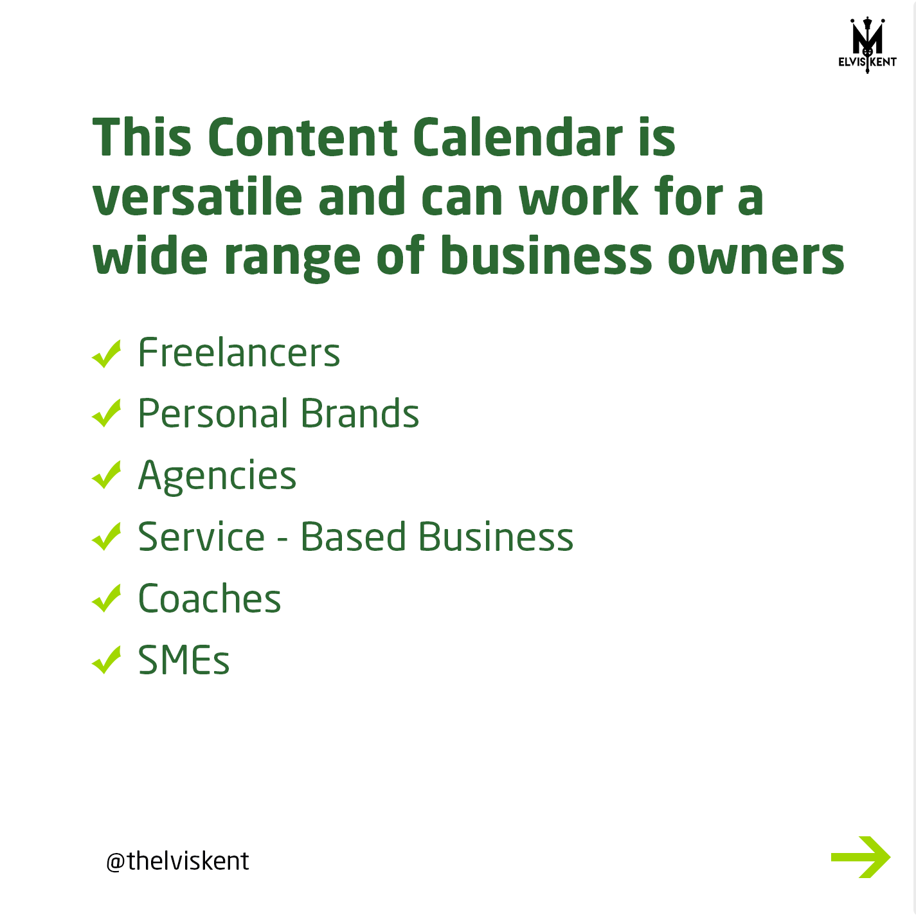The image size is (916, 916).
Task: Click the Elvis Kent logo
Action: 867,45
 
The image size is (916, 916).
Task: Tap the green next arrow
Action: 860,857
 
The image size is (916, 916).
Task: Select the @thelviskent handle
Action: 177,861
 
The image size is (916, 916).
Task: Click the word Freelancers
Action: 238,352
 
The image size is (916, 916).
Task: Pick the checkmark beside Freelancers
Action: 107,354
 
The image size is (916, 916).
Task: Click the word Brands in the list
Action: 360,413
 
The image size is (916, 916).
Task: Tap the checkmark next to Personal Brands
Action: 107,413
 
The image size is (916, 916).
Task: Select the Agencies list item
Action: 217,476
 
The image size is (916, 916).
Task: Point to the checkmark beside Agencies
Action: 107,475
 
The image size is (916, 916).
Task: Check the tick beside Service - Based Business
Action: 107,537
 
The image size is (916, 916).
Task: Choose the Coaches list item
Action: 210,598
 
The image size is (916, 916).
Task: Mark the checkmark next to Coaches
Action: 107,598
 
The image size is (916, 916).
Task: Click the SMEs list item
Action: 184,660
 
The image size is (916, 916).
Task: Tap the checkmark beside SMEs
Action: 107,660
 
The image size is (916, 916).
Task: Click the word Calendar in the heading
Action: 517,137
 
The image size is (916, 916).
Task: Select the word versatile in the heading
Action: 197,196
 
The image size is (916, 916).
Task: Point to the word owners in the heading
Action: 756,256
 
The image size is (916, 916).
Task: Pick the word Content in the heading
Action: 302,137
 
